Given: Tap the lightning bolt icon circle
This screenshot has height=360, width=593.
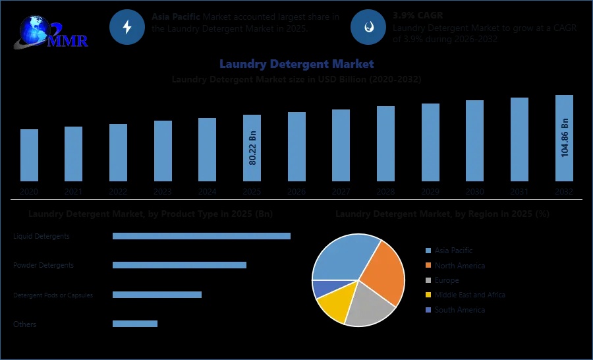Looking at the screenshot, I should point(127,27).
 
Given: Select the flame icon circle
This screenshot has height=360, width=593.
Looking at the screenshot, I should point(368,27).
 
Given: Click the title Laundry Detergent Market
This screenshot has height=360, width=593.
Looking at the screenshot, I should point(296,64).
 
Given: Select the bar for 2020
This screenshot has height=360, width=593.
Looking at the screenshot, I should point(29,155).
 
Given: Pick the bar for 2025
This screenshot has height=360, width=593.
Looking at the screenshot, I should point(252,148).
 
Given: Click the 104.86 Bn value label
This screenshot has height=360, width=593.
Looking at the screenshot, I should point(565,138).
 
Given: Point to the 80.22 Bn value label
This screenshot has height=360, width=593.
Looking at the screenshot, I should point(252,148).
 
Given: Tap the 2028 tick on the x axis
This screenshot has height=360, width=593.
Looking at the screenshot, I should point(385,191).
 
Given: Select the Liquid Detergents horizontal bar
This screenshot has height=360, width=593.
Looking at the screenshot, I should point(201,236).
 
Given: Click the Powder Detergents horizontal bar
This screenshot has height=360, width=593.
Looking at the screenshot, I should point(179,265).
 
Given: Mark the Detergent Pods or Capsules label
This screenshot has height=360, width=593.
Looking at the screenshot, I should point(53,295).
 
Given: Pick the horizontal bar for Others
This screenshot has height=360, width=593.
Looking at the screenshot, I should point(135,324).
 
